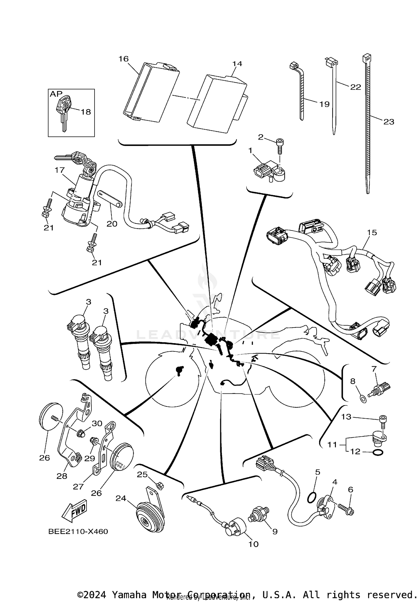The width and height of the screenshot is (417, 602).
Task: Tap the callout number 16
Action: click(x=124, y=59)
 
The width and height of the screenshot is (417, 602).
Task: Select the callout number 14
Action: click(x=237, y=64)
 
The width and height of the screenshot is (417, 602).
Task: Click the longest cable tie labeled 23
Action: click(x=368, y=125)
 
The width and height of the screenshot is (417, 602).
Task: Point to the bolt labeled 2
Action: click(x=279, y=146)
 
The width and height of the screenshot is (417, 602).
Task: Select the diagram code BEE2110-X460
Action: click(x=78, y=532)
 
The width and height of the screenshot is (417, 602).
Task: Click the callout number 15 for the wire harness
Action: click(x=372, y=232)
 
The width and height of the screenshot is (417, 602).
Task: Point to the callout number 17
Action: click(x=59, y=170)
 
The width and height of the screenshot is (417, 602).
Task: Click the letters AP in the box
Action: click(x=56, y=94)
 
